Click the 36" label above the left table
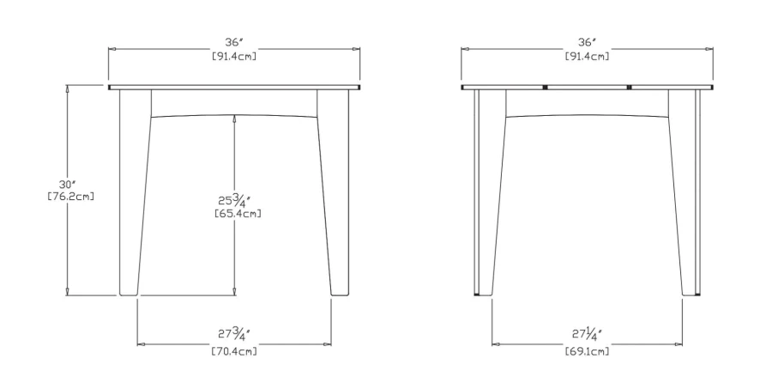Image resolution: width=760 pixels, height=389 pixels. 234,43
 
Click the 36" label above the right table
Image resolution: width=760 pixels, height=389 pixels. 587,43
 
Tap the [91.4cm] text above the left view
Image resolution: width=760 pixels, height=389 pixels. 234,56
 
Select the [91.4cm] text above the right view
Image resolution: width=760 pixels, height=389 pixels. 587,56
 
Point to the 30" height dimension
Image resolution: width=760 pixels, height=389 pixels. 68,185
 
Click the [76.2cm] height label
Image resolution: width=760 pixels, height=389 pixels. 70,197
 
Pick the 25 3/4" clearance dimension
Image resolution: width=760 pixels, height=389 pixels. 238,199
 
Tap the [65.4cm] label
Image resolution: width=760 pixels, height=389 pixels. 238,213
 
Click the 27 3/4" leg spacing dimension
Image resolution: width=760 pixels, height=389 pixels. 233,334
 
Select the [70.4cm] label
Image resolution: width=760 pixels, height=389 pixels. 234,350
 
